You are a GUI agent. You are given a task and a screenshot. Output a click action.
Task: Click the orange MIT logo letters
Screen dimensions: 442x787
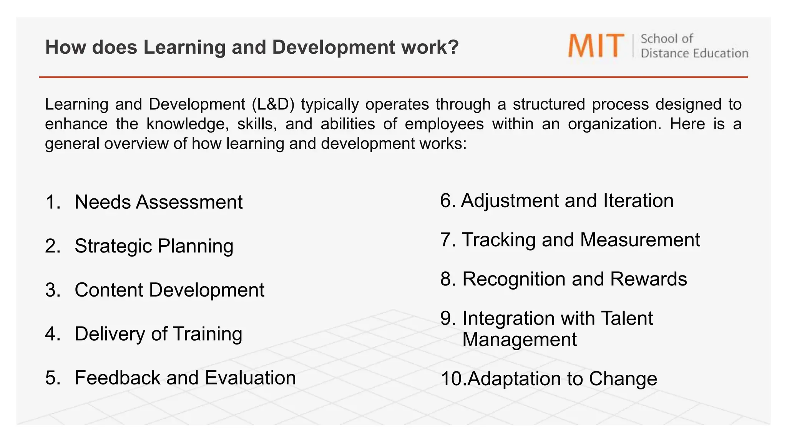pyautogui.click(x=596, y=46)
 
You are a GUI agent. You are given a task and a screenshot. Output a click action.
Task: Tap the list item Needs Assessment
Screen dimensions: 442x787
pyautogui.click(x=158, y=202)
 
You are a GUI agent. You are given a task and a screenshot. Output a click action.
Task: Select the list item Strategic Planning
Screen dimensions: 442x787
pyautogui.click(x=154, y=246)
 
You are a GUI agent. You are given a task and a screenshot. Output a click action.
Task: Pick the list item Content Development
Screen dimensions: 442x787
pyautogui.click(x=169, y=290)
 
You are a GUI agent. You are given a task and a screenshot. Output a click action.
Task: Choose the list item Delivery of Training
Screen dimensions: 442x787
pyautogui.click(x=158, y=334)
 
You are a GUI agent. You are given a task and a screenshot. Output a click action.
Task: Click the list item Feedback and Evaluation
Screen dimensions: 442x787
pyautogui.click(x=185, y=378)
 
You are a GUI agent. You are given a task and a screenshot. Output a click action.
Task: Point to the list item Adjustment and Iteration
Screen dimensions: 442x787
pyautogui.click(x=567, y=201)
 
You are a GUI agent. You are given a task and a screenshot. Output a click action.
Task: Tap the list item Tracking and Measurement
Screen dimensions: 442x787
pyautogui.click(x=580, y=240)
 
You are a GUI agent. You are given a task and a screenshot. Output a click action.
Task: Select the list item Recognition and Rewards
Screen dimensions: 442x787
pyautogui.click(x=574, y=279)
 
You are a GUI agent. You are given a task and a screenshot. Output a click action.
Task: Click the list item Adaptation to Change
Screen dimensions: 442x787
pyautogui.click(x=562, y=379)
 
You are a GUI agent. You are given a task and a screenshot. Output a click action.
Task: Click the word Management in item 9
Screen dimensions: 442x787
pyautogui.click(x=519, y=340)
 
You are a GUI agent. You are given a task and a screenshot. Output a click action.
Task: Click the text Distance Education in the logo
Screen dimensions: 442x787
pyautogui.click(x=694, y=53)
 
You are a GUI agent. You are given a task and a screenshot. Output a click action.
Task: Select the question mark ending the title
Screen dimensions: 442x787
pyautogui.click(x=453, y=47)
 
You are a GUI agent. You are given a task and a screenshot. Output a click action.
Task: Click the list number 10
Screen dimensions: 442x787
pyautogui.click(x=452, y=379)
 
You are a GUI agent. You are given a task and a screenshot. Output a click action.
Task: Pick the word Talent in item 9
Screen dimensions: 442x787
pyautogui.click(x=626, y=318)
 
